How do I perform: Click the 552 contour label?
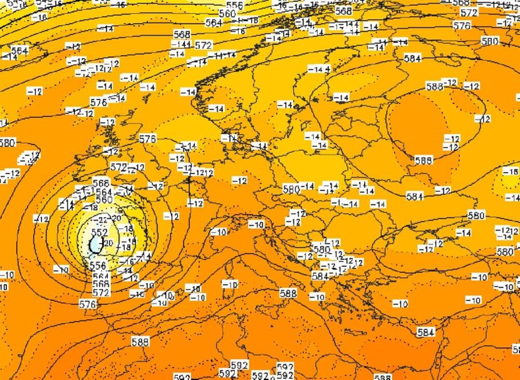tap(99, 232)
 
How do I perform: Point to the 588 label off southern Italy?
tap(288, 293)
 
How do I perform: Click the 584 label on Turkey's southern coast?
tap(425, 332)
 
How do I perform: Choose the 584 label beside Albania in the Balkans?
tap(320, 276)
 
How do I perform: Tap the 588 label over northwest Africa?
tap(140, 342)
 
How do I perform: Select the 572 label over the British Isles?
tap(119, 167)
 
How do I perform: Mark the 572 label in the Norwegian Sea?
tap(203, 45)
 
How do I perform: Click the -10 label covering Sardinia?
tap(229, 284)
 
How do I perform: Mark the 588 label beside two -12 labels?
tap(435, 86)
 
